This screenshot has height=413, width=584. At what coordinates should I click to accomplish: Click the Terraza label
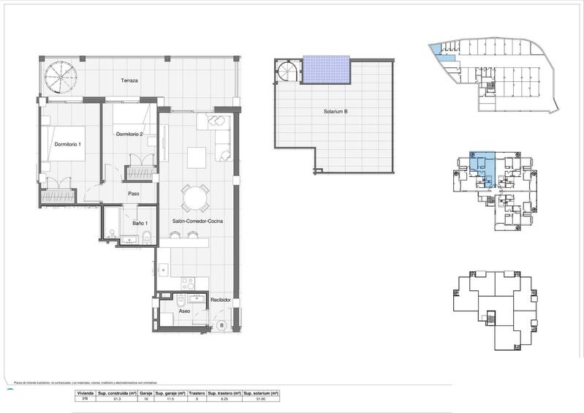click(130, 80)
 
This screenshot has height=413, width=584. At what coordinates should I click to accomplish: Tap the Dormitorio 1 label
click(68, 144)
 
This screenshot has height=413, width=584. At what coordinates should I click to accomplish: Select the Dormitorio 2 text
click(134, 133)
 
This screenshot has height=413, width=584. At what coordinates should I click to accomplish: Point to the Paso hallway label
click(134, 194)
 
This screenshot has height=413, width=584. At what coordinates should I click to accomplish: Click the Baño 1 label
click(141, 223)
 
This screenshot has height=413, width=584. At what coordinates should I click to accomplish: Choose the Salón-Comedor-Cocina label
click(198, 221)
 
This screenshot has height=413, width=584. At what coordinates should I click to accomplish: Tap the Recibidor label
click(221, 300)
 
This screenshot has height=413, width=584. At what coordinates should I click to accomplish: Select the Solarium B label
click(335, 113)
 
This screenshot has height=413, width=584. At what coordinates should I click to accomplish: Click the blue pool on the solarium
click(327, 71)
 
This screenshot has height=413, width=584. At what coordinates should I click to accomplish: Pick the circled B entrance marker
click(221, 325)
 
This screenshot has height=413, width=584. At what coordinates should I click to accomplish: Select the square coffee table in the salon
click(197, 158)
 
